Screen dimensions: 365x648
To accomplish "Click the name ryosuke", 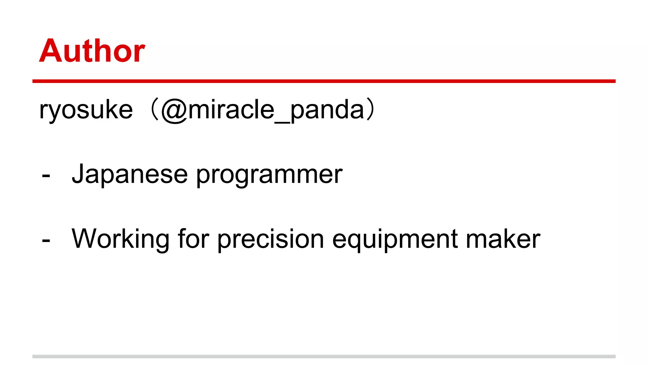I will pyautogui.click(x=86, y=110).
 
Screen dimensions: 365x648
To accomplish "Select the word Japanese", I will pyautogui.click(x=130, y=174).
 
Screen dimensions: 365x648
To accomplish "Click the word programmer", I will pyautogui.click(x=269, y=175).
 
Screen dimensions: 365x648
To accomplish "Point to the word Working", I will pyautogui.click(x=121, y=240).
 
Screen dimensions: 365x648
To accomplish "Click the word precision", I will pyautogui.click(x=271, y=240).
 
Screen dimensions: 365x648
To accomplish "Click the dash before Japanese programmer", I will pyautogui.click(x=46, y=176).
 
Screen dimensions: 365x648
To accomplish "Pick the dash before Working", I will pyautogui.click(x=46, y=240).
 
